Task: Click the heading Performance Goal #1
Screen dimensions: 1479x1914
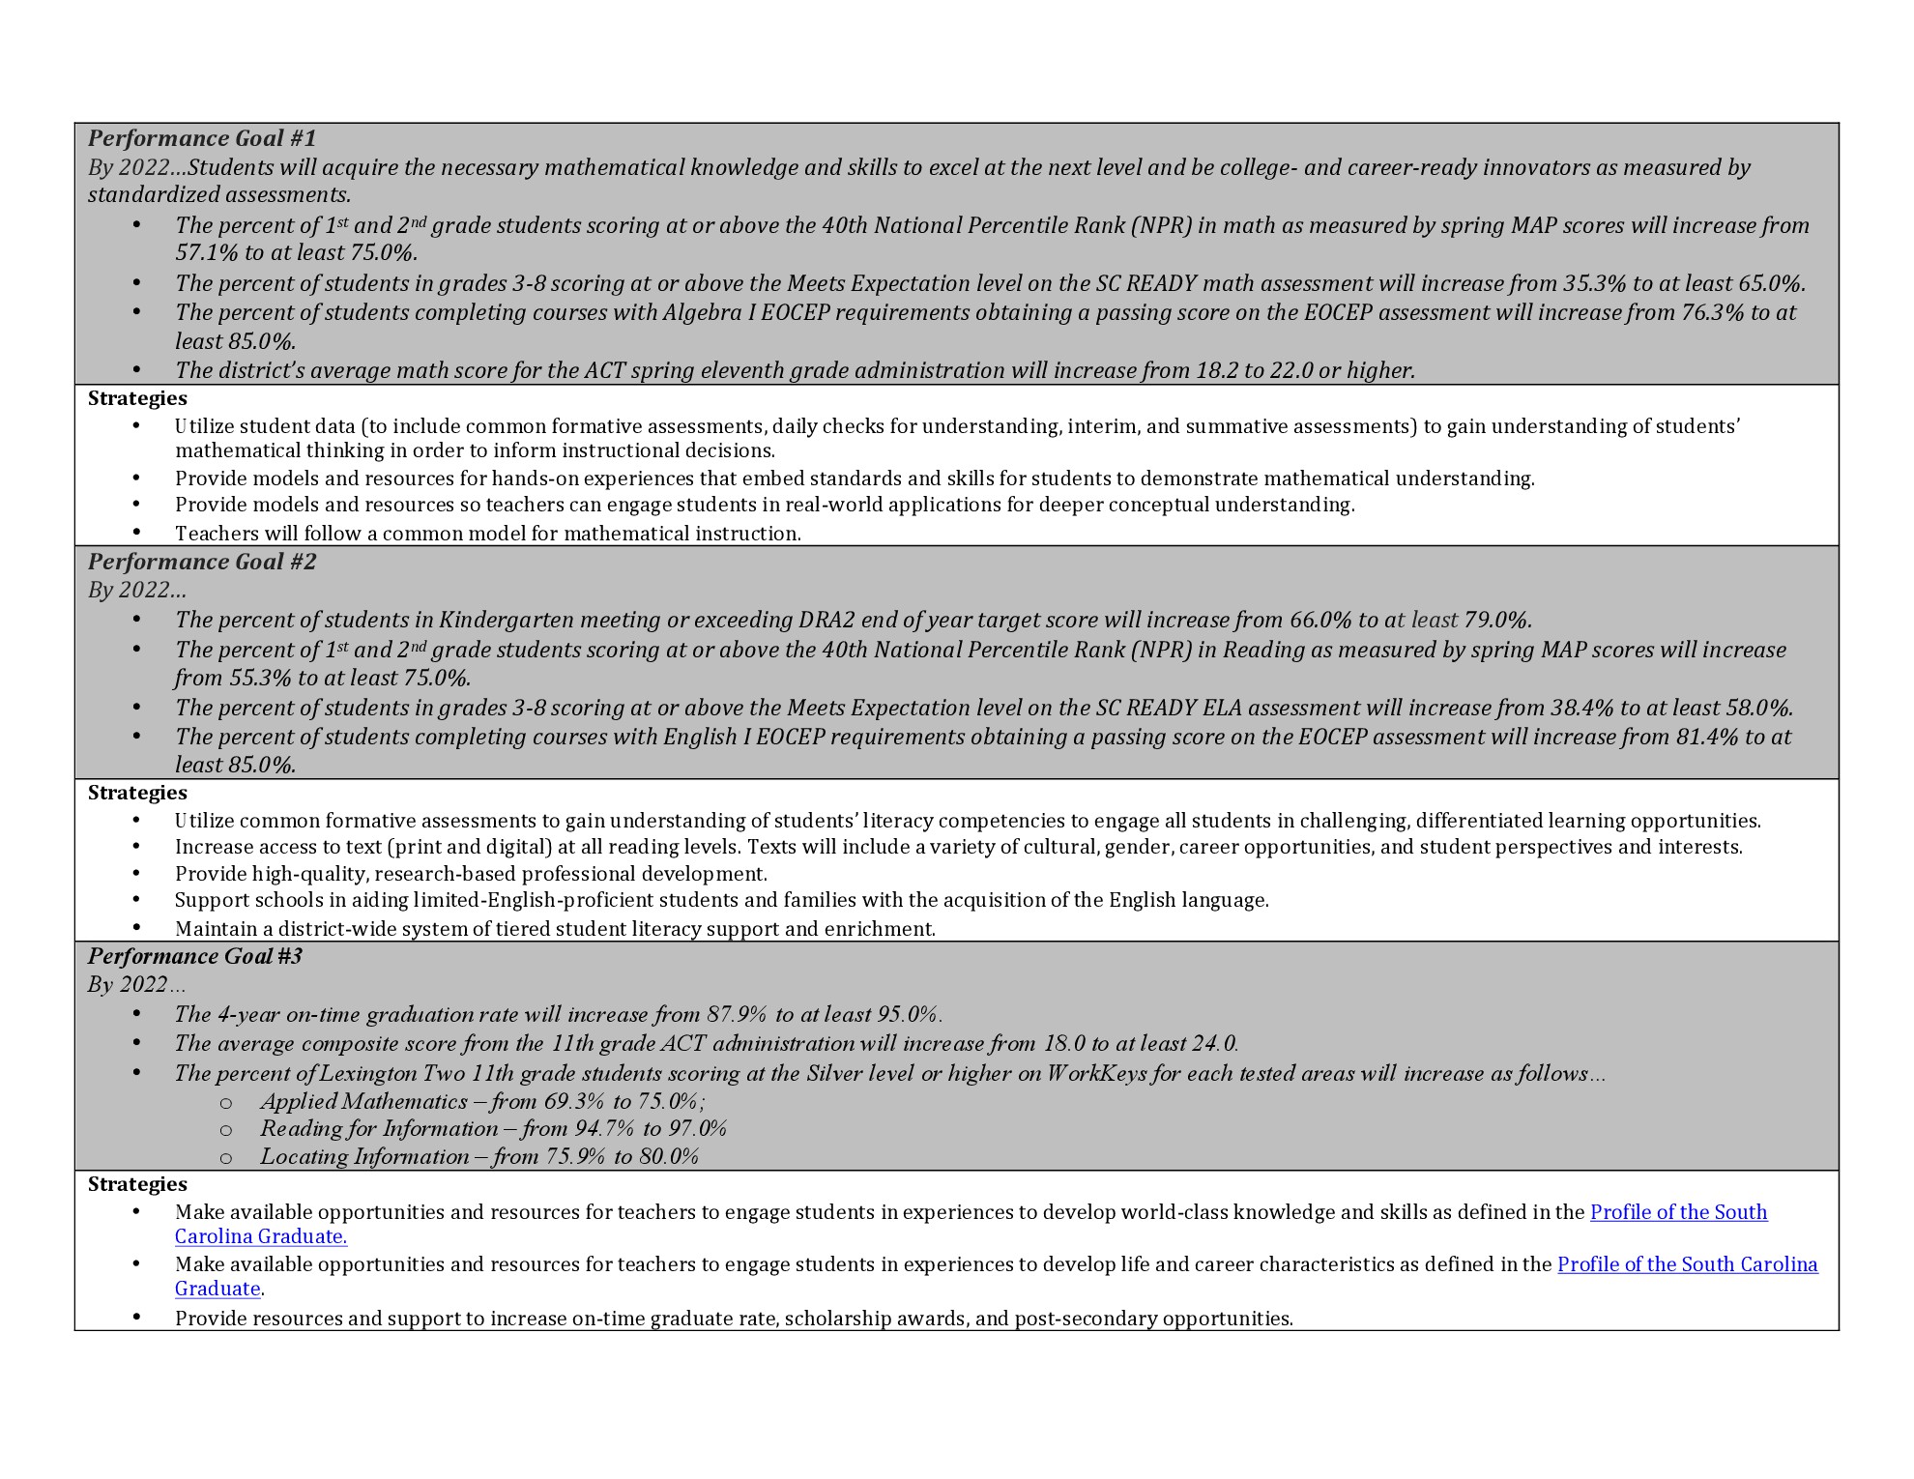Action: pyautogui.click(x=202, y=138)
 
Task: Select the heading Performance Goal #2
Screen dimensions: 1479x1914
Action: pyautogui.click(x=202, y=562)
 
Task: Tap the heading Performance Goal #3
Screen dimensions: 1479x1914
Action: pyautogui.click(x=195, y=956)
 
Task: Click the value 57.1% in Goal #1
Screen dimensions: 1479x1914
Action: pyautogui.click(x=204, y=253)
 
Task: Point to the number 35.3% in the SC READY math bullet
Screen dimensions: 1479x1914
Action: pyautogui.click(x=1594, y=283)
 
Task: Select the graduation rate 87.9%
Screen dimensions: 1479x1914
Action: pyautogui.click(x=737, y=1014)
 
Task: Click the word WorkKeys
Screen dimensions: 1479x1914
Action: pyautogui.click(x=1093, y=1073)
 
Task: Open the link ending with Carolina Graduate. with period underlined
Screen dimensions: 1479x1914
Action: pyautogui.click(x=261, y=1236)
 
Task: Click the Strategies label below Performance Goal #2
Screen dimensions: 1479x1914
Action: pyautogui.click(x=137, y=793)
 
